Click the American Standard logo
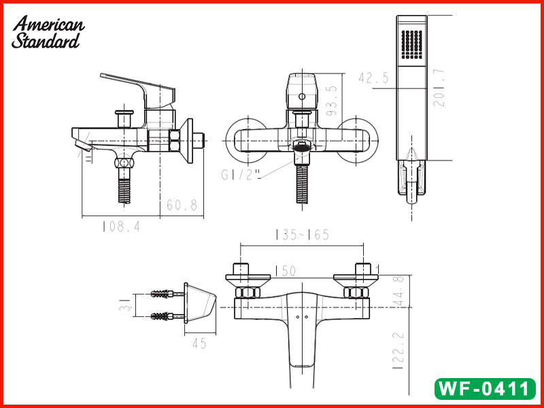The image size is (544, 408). tap(48, 32)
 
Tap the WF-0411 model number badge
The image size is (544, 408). tap(483, 389)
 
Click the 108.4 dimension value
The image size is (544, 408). tap(120, 227)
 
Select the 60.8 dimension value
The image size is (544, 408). tap(182, 205)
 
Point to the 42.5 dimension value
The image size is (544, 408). tap(373, 79)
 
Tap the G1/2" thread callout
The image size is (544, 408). tap(240, 174)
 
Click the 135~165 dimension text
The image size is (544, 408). tap(301, 235)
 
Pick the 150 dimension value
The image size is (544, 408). tap(286, 271)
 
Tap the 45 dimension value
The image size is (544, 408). tap(199, 344)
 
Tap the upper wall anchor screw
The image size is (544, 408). tap(163, 294)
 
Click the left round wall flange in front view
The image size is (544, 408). tap(245, 140)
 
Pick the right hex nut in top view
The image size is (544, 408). tap(356, 293)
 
